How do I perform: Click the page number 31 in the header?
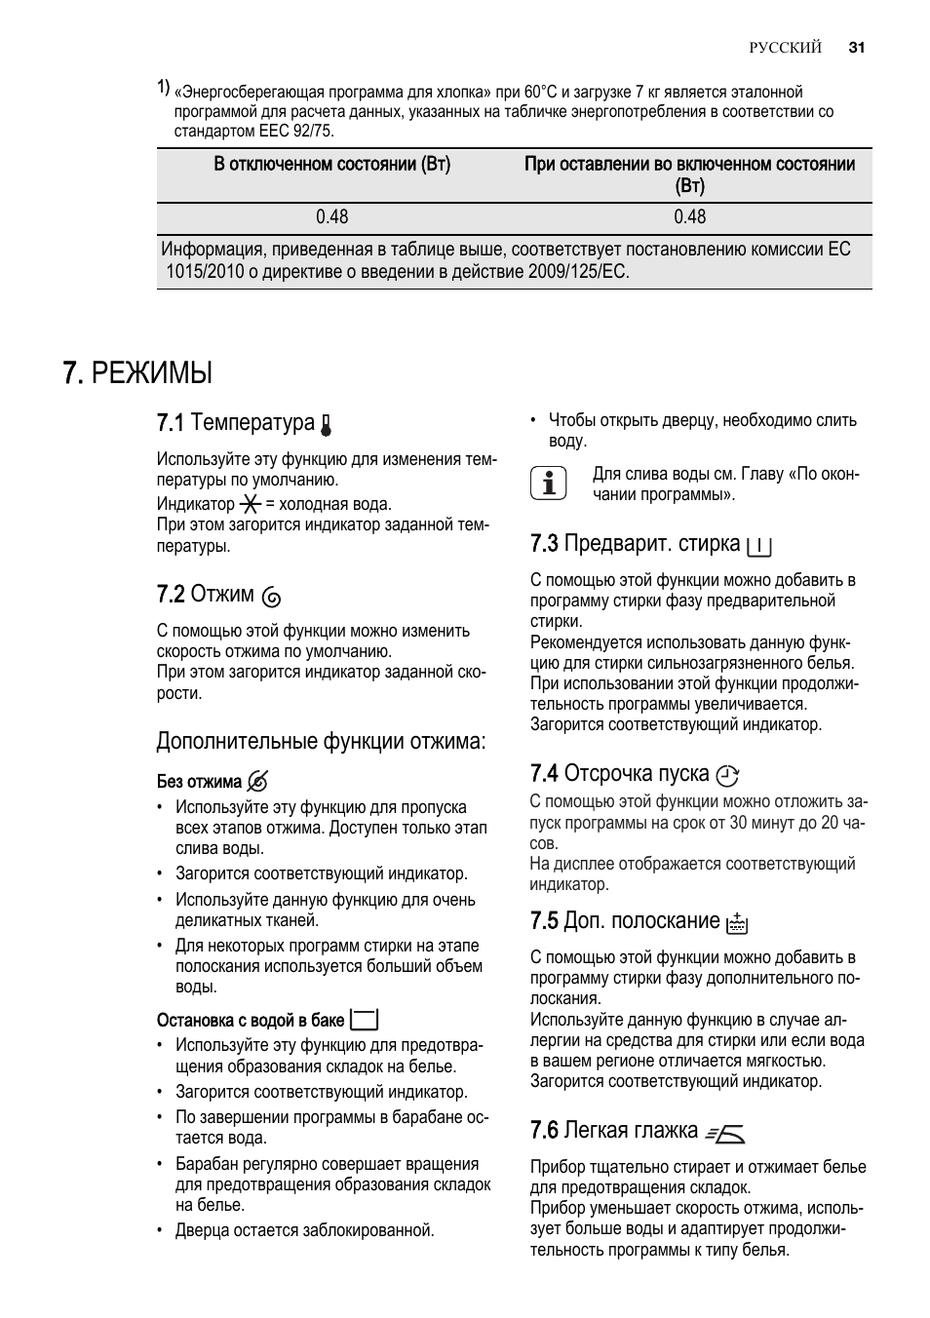(857, 48)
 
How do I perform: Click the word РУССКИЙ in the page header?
(785, 48)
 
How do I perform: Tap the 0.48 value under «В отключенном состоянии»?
(331, 217)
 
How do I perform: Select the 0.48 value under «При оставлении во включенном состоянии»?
(689, 217)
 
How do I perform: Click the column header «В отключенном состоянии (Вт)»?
(331, 165)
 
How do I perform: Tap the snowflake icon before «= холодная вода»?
(251, 504)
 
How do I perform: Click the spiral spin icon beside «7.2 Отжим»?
(273, 597)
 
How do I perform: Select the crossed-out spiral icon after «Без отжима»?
(258, 782)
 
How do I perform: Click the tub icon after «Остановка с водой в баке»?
(365, 1020)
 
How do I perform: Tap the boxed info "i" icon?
(549, 484)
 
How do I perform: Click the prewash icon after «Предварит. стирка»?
(758, 546)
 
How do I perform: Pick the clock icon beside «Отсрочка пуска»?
(727, 776)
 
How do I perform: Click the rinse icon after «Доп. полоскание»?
(737, 923)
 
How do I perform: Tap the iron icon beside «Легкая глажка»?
(725, 1133)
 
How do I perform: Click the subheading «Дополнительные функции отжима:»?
(321, 742)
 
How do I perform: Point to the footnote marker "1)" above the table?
(164, 88)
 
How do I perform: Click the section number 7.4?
(544, 774)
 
